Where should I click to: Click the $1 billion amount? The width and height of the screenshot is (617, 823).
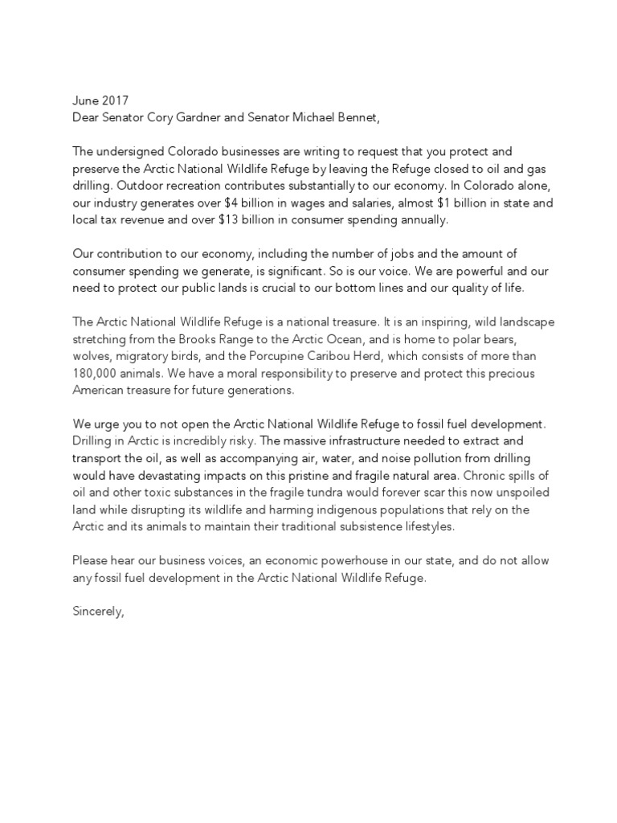[457, 203]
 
